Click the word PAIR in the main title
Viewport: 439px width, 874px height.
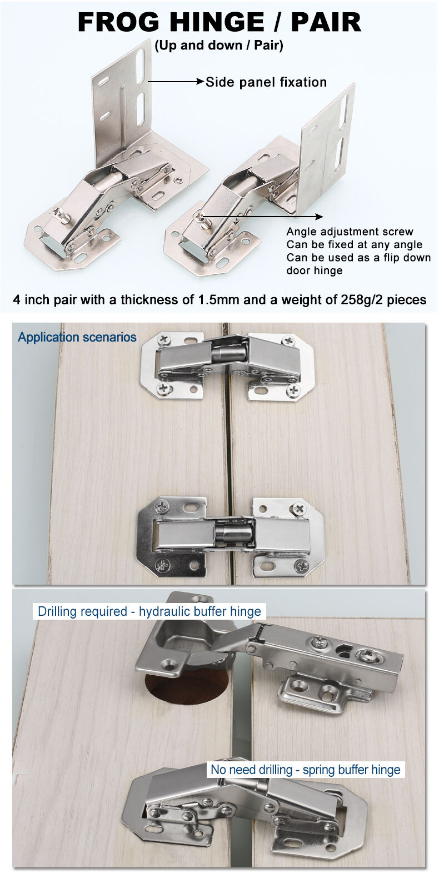(x=326, y=22)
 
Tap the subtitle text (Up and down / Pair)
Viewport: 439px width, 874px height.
(x=219, y=46)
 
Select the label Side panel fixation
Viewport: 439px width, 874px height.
(x=266, y=82)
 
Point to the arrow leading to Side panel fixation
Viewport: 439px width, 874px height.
(x=176, y=82)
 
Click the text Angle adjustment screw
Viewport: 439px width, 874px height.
(x=350, y=232)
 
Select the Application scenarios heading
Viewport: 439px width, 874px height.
(x=77, y=337)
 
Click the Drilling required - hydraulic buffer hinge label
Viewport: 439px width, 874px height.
(x=149, y=611)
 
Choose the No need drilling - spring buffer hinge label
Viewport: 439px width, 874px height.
(x=306, y=770)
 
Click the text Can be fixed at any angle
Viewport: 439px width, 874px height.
(x=354, y=245)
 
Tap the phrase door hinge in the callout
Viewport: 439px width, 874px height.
(x=315, y=270)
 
